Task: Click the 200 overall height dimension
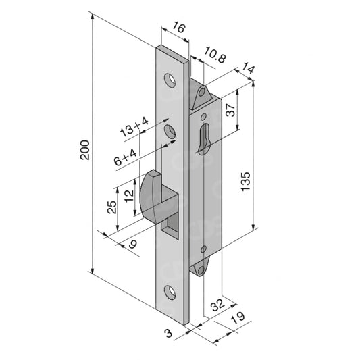(84, 150)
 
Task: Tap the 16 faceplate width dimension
(178, 27)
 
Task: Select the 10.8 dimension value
(215, 55)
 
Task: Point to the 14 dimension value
(248, 68)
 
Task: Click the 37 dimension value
(230, 109)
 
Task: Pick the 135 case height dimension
(245, 181)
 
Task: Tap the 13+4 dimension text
(134, 127)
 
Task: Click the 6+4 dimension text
(126, 157)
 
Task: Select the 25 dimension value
(112, 207)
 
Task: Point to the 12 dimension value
(129, 196)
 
